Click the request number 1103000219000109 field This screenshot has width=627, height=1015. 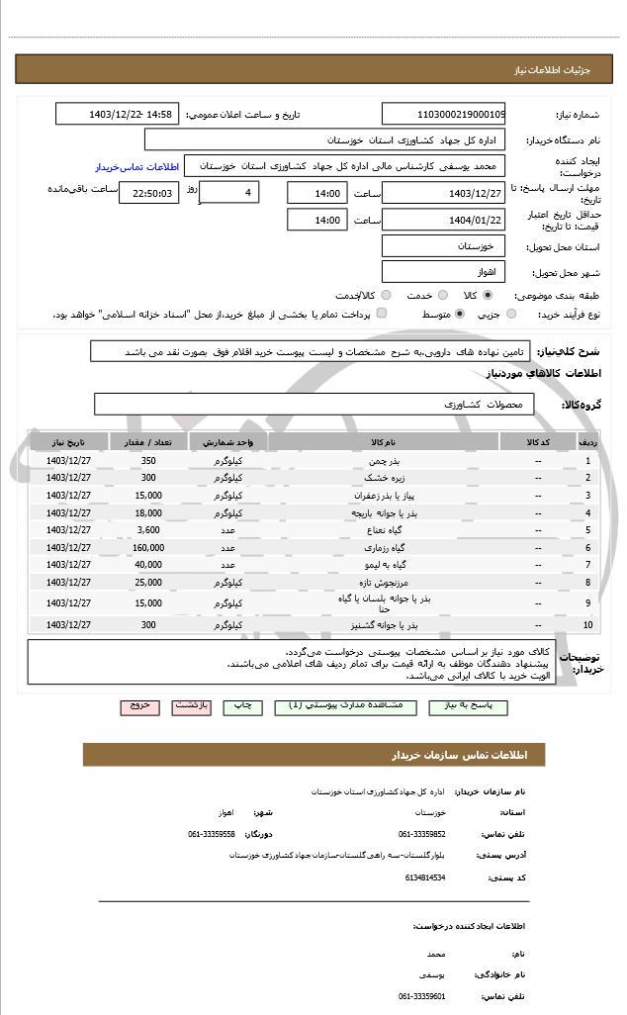443,114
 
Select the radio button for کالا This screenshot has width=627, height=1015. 488,295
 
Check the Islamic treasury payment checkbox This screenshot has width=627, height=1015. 381,315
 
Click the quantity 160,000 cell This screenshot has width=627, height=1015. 148,547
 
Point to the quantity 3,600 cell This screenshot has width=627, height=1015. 148,530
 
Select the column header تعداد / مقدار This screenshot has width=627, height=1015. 148,442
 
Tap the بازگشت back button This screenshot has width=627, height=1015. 192,706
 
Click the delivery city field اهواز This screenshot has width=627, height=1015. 443,271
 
